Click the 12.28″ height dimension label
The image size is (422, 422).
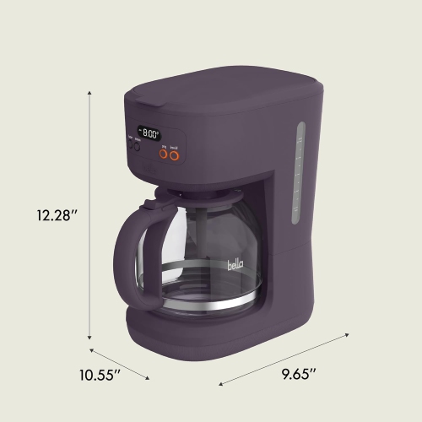(56, 215)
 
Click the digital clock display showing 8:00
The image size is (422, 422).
(150, 133)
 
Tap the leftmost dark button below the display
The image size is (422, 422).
(131, 144)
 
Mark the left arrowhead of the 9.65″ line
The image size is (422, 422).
(221, 386)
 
